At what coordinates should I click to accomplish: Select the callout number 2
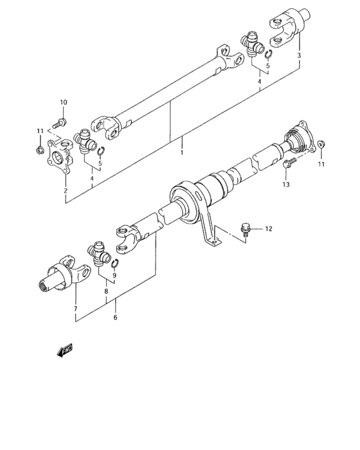click(65, 190)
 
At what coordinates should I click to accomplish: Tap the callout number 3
click(299, 57)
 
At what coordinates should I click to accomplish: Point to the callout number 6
click(116, 317)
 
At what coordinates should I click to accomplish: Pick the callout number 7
click(75, 309)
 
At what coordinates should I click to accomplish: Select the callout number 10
click(63, 103)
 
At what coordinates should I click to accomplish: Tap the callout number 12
click(269, 228)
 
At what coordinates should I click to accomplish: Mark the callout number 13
click(286, 184)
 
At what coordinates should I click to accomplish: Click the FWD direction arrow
click(65, 350)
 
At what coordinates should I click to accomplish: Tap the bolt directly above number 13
click(289, 164)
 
